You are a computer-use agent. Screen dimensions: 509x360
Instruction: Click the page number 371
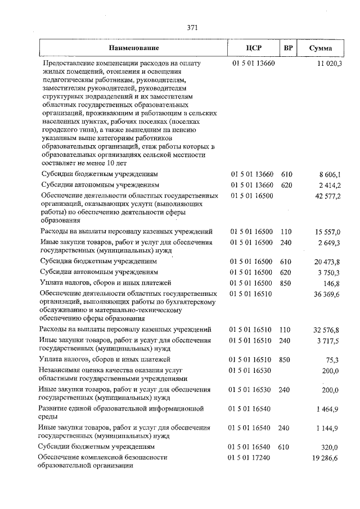190,28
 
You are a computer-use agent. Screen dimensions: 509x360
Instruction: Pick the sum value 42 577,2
328,196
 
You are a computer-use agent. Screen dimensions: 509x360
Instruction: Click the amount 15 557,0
328,232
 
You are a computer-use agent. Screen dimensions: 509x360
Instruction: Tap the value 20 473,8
328,262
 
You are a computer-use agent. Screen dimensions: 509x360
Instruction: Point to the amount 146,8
332,283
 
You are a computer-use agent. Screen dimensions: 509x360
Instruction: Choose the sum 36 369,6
328,294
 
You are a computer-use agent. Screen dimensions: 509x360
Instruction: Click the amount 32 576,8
328,330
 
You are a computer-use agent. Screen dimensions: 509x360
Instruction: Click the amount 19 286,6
328,458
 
